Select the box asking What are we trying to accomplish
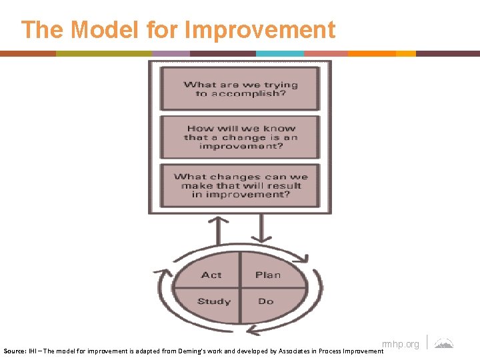[x=241, y=89]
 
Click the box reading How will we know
[x=241, y=137]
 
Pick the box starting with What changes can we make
[x=241, y=185]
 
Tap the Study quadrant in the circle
[x=213, y=301]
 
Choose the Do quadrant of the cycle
[x=266, y=301]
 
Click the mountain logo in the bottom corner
[x=444, y=343]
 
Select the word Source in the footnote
[x=15, y=350]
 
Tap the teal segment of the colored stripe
[x=279, y=53]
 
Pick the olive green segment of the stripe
[x=103, y=53]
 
